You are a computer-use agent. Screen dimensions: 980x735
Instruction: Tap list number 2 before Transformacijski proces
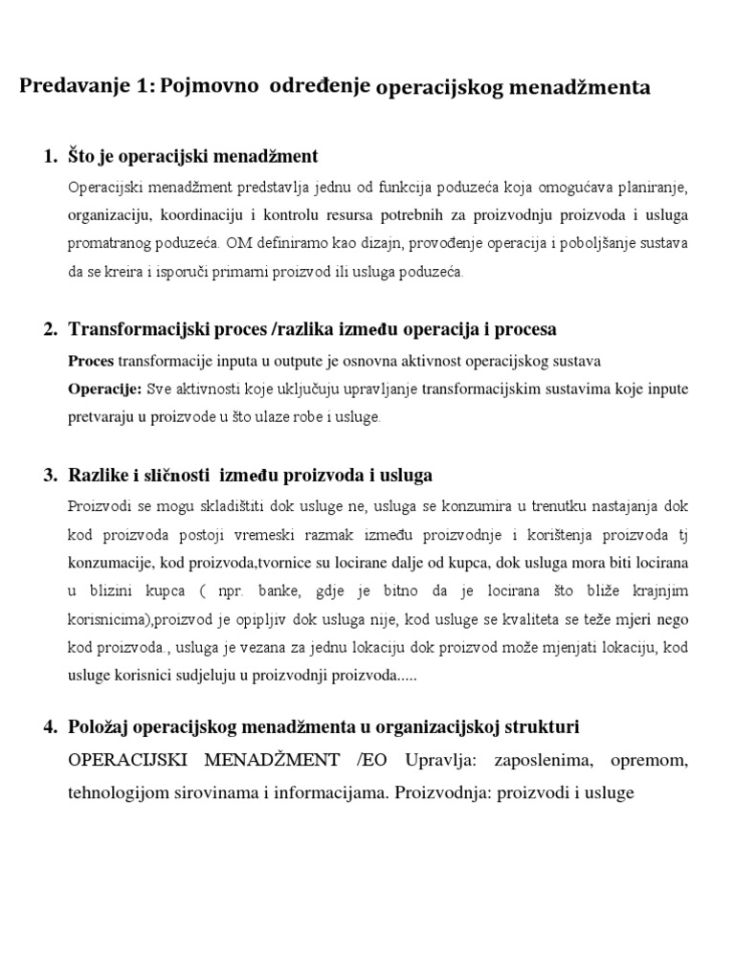click(x=51, y=329)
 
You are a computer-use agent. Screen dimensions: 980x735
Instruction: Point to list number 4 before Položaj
click(x=51, y=727)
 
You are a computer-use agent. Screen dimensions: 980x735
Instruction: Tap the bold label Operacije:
click(x=104, y=389)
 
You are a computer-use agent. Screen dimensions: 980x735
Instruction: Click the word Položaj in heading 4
click(x=100, y=727)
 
